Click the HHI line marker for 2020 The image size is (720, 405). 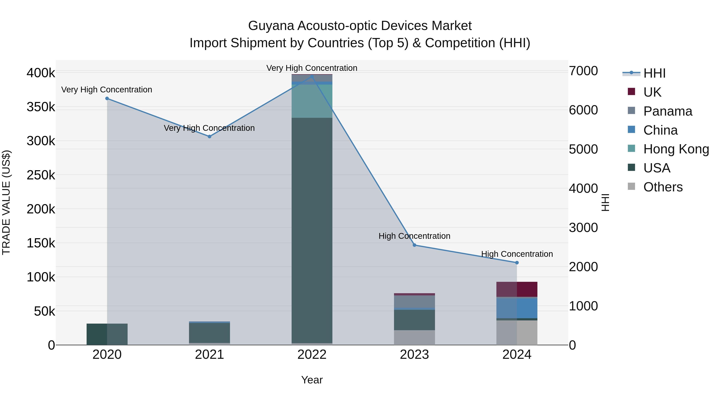coord(107,98)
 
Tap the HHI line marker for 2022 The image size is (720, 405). coord(312,76)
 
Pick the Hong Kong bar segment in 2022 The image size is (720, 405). coord(312,101)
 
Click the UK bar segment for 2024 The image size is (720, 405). coord(517,289)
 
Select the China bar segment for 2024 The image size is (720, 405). coord(517,308)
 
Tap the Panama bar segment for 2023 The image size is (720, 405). coord(415,302)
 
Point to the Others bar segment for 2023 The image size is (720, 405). coord(415,337)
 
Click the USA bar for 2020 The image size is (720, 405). coord(107,334)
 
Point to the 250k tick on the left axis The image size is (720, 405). coord(41,175)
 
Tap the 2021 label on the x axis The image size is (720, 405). coord(209,355)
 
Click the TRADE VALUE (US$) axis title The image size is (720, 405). coord(6,202)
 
